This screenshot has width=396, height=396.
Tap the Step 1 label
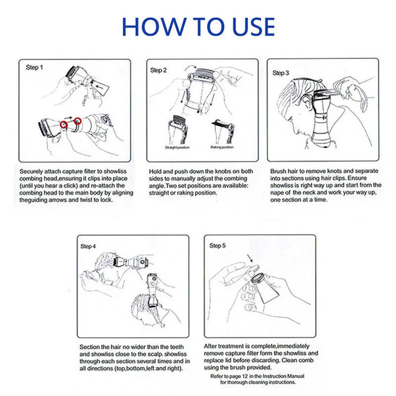coord(34,67)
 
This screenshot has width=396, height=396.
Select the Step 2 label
coord(158,70)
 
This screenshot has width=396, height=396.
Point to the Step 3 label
coord(280,73)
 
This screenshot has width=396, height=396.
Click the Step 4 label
coord(88,246)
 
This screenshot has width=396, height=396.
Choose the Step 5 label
coord(217,246)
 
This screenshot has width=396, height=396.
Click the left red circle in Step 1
coord(64,124)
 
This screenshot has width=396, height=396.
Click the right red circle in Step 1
coord(78,121)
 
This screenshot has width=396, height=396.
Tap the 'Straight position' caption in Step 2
coord(177,148)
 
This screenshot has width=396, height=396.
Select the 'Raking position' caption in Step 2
coord(222,147)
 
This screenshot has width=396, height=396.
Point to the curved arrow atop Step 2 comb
coord(190,67)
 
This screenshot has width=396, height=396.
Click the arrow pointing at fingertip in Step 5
coord(250,258)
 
